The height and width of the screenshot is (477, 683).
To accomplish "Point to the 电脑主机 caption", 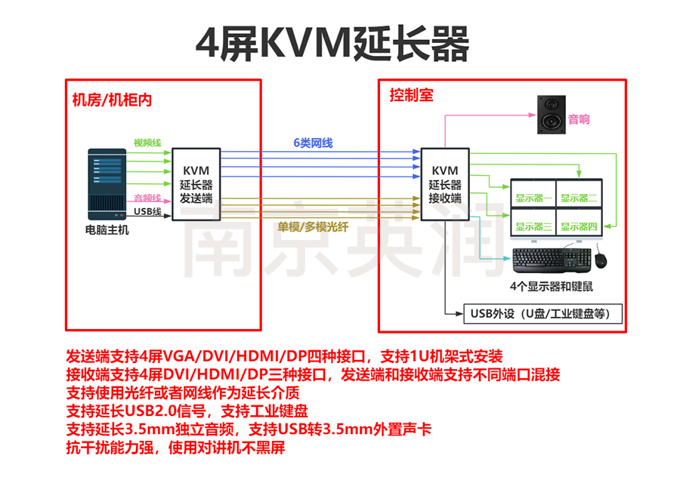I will click(107, 229).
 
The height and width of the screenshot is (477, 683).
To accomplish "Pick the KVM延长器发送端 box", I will click(196, 183).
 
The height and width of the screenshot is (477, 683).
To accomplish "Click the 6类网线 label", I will click(314, 143).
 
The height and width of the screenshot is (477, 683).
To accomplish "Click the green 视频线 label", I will click(147, 143).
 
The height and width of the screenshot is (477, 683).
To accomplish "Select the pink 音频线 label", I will click(147, 198).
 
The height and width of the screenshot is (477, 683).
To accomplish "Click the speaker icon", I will click(551, 115).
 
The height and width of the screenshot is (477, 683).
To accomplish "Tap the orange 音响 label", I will click(579, 119).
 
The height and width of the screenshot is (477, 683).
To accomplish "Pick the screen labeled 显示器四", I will click(579, 226).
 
